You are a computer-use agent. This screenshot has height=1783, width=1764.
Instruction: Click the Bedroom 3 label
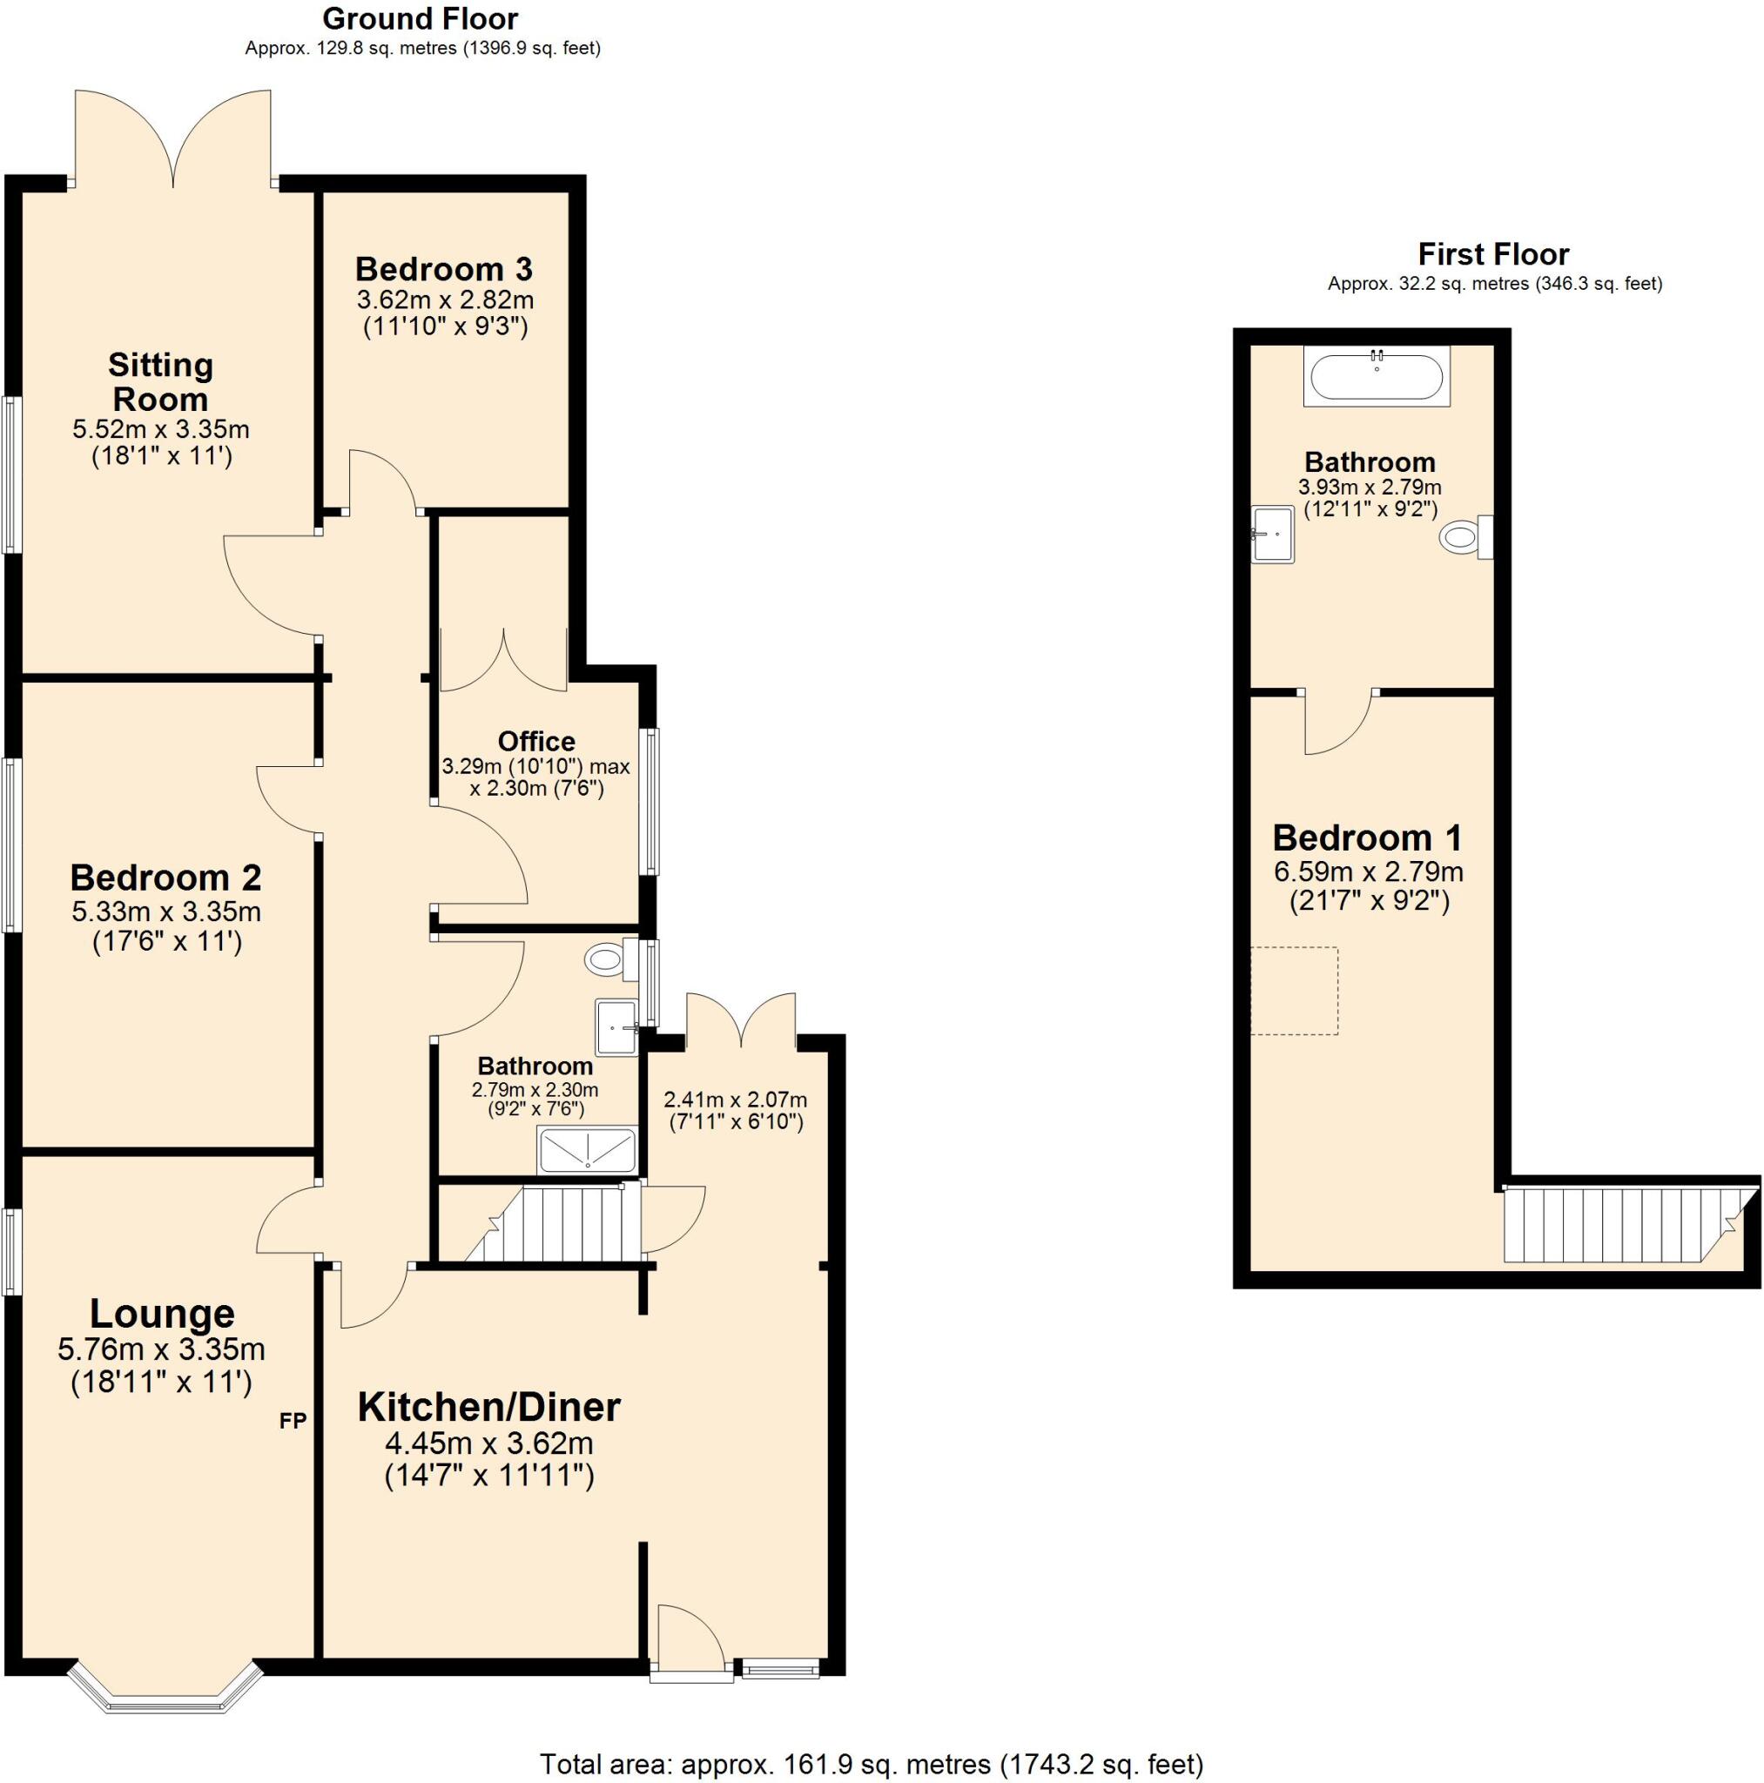(x=443, y=270)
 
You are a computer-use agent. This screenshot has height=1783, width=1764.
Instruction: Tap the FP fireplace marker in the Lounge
(x=293, y=1420)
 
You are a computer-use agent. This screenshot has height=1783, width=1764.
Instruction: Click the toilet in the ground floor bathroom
(x=608, y=961)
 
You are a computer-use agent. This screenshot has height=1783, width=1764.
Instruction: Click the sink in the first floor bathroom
(x=1273, y=535)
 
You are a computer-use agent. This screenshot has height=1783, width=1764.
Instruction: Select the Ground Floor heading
(x=420, y=18)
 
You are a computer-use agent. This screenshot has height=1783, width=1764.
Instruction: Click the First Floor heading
(x=1493, y=254)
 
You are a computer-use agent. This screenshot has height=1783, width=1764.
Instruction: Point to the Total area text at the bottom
(x=871, y=1765)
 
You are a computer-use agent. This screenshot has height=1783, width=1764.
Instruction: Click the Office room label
(x=536, y=741)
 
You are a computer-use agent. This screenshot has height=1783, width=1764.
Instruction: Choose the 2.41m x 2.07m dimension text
(x=735, y=1100)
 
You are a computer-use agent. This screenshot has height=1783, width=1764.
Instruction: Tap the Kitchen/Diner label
(x=488, y=1408)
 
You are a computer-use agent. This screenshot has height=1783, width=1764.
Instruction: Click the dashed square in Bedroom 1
(x=1294, y=990)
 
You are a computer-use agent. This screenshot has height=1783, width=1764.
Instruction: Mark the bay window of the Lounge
(x=163, y=1697)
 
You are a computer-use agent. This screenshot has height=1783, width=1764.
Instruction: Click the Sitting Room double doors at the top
(x=173, y=138)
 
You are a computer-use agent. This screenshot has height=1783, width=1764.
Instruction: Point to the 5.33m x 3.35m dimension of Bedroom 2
(x=166, y=912)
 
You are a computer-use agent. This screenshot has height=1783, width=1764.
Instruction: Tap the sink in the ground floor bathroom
(x=616, y=1026)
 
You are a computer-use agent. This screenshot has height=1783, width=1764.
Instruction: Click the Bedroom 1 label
(x=1367, y=838)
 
